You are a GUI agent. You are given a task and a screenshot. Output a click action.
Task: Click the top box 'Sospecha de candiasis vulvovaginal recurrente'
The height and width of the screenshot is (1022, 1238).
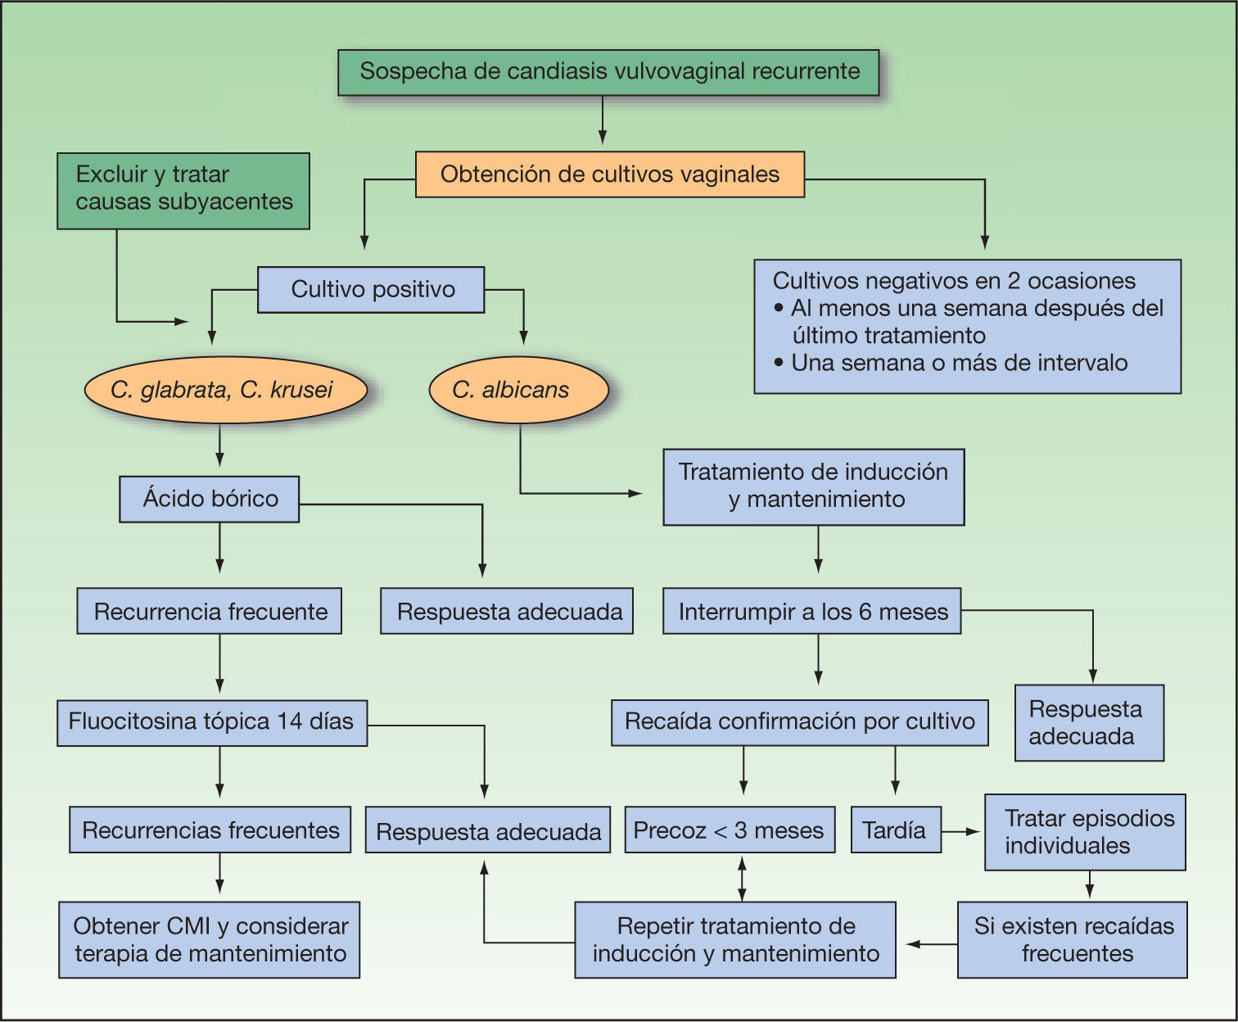(608, 72)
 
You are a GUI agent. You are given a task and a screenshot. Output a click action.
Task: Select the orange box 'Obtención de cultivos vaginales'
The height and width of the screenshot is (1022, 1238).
(609, 174)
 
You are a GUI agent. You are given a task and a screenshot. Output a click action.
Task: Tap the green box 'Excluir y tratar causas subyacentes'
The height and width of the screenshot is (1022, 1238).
(183, 190)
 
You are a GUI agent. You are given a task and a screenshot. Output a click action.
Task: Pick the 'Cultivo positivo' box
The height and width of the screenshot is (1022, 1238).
(371, 290)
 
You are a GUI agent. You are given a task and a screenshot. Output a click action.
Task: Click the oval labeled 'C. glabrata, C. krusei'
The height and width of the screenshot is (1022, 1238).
(224, 390)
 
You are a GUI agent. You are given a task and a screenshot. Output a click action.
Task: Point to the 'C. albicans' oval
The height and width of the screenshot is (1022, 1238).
(518, 390)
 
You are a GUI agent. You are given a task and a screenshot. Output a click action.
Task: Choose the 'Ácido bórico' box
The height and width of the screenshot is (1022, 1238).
(209, 499)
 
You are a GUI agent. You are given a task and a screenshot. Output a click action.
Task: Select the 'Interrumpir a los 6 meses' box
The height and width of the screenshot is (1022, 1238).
(811, 611)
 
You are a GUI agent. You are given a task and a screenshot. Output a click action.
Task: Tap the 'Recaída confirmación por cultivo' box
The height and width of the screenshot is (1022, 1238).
(799, 721)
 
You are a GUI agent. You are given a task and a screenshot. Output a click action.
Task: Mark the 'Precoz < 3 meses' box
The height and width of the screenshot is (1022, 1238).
(730, 830)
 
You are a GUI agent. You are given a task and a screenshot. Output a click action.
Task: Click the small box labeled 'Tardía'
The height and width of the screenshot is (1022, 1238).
(895, 830)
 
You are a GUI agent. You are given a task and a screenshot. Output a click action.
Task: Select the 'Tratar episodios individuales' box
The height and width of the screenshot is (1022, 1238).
(1084, 831)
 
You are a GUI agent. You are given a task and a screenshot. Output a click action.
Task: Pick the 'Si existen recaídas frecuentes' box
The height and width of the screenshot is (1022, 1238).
(1072, 940)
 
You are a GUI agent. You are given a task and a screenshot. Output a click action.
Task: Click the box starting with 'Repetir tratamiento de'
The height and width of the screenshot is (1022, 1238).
(734, 940)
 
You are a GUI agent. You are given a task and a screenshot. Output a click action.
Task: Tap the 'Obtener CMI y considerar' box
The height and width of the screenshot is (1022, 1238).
(209, 940)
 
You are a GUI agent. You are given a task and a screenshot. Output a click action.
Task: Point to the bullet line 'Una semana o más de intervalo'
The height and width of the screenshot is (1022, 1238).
(958, 363)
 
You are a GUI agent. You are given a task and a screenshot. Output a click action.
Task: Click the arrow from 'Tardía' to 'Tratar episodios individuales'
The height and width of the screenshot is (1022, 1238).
(961, 831)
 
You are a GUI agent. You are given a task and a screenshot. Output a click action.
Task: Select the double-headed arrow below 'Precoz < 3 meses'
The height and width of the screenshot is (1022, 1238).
(742, 878)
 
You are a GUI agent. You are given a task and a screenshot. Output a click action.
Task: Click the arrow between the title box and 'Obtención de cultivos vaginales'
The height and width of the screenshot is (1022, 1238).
(603, 121)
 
